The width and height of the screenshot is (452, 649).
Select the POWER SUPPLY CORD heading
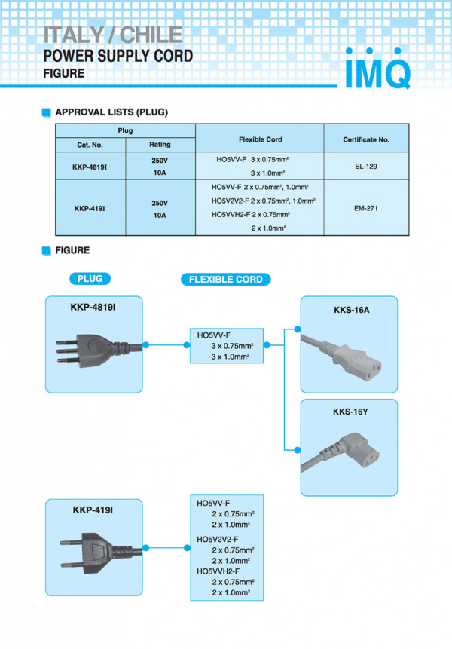click(x=118, y=56)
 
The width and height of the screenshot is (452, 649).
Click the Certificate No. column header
click(x=366, y=139)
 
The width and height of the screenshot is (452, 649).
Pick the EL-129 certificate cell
click(x=366, y=166)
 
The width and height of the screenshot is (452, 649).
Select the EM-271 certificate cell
click(x=366, y=208)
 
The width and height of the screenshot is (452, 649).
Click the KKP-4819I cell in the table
click(x=90, y=167)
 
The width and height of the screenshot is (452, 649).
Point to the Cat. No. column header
click(x=90, y=144)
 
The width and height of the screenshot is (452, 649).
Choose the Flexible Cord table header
click(x=260, y=139)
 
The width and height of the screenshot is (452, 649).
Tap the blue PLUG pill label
click(x=94, y=279)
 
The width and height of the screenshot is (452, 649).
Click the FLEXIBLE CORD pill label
click(x=225, y=279)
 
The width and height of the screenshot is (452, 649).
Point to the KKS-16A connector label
click(x=351, y=310)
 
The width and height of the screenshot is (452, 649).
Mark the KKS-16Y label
click(x=351, y=412)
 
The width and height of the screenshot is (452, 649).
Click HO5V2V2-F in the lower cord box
click(x=218, y=540)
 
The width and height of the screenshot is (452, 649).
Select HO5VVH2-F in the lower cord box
click(x=218, y=571)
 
